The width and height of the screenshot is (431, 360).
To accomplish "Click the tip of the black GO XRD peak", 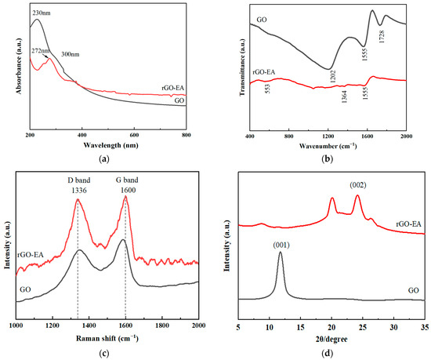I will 281,253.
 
